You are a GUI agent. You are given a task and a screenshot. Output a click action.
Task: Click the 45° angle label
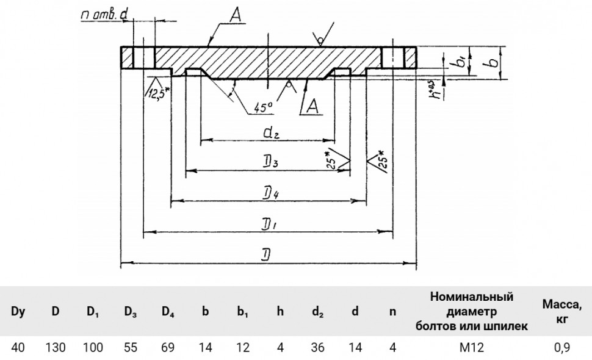(263, 108)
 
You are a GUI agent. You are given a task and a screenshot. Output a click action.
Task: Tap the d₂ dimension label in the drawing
(271, 133)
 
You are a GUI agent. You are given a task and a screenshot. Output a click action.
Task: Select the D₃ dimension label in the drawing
(271, 163)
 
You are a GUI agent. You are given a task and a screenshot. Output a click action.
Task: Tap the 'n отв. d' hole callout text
(104, 15)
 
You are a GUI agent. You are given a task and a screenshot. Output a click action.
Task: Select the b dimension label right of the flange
(493, 62)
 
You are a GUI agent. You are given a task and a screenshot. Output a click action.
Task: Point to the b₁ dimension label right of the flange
(461, 62)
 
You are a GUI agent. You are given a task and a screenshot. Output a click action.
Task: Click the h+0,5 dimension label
(436, 89)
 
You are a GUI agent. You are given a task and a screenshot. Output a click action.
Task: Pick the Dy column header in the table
(18, 311)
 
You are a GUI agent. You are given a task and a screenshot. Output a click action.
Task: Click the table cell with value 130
(56, 347)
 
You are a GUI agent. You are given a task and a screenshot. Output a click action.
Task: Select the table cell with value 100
(93, 347)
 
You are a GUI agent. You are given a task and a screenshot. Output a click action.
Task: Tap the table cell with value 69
(168, 347)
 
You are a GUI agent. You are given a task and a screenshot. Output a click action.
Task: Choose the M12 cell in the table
(472, 347)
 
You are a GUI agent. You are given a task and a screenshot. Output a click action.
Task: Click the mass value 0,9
(562, 347)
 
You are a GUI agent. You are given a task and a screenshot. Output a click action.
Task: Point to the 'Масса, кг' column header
(562, 311)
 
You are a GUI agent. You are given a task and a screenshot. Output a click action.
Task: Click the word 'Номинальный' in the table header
(472, 297)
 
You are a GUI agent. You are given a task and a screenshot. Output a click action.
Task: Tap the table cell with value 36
(317, 347)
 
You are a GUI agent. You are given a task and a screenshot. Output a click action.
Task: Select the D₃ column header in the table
(130, 312)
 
